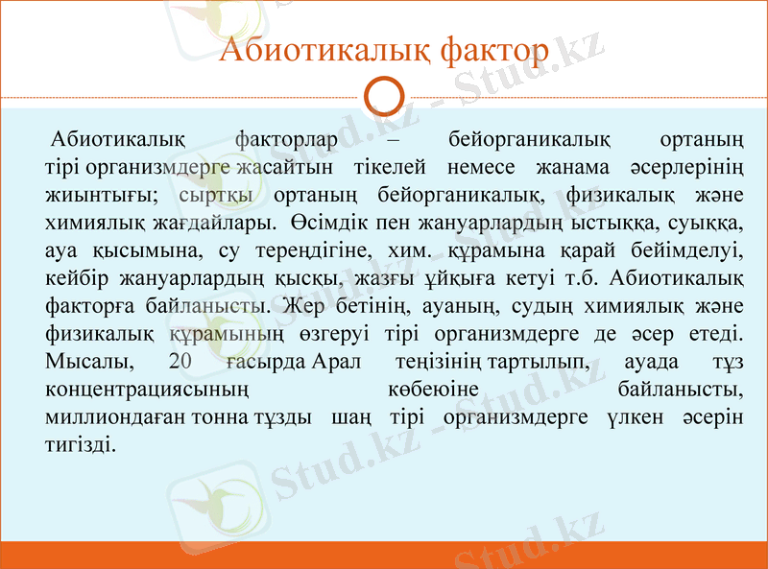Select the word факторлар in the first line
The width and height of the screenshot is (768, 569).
286,141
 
